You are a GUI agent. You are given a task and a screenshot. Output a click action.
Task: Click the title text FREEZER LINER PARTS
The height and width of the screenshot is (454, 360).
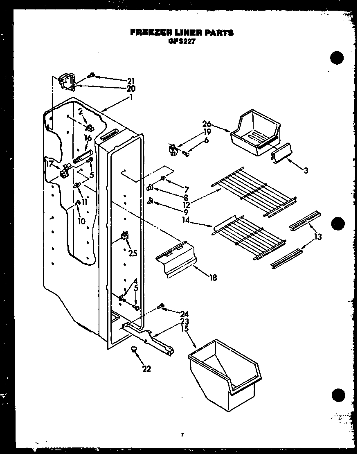[182, 33]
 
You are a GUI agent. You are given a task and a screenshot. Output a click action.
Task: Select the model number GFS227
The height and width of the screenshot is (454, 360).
[181, 41]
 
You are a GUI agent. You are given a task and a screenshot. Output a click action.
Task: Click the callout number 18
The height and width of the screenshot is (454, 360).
[213, 278]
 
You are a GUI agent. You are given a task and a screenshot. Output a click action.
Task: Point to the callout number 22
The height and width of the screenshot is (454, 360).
[146, 369]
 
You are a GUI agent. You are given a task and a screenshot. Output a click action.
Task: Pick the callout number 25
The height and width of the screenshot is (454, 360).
[132, 253]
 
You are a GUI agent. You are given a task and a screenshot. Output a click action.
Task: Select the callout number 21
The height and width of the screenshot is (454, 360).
[131, 80]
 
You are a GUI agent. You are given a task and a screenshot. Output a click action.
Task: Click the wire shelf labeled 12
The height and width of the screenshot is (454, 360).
[256, 190]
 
